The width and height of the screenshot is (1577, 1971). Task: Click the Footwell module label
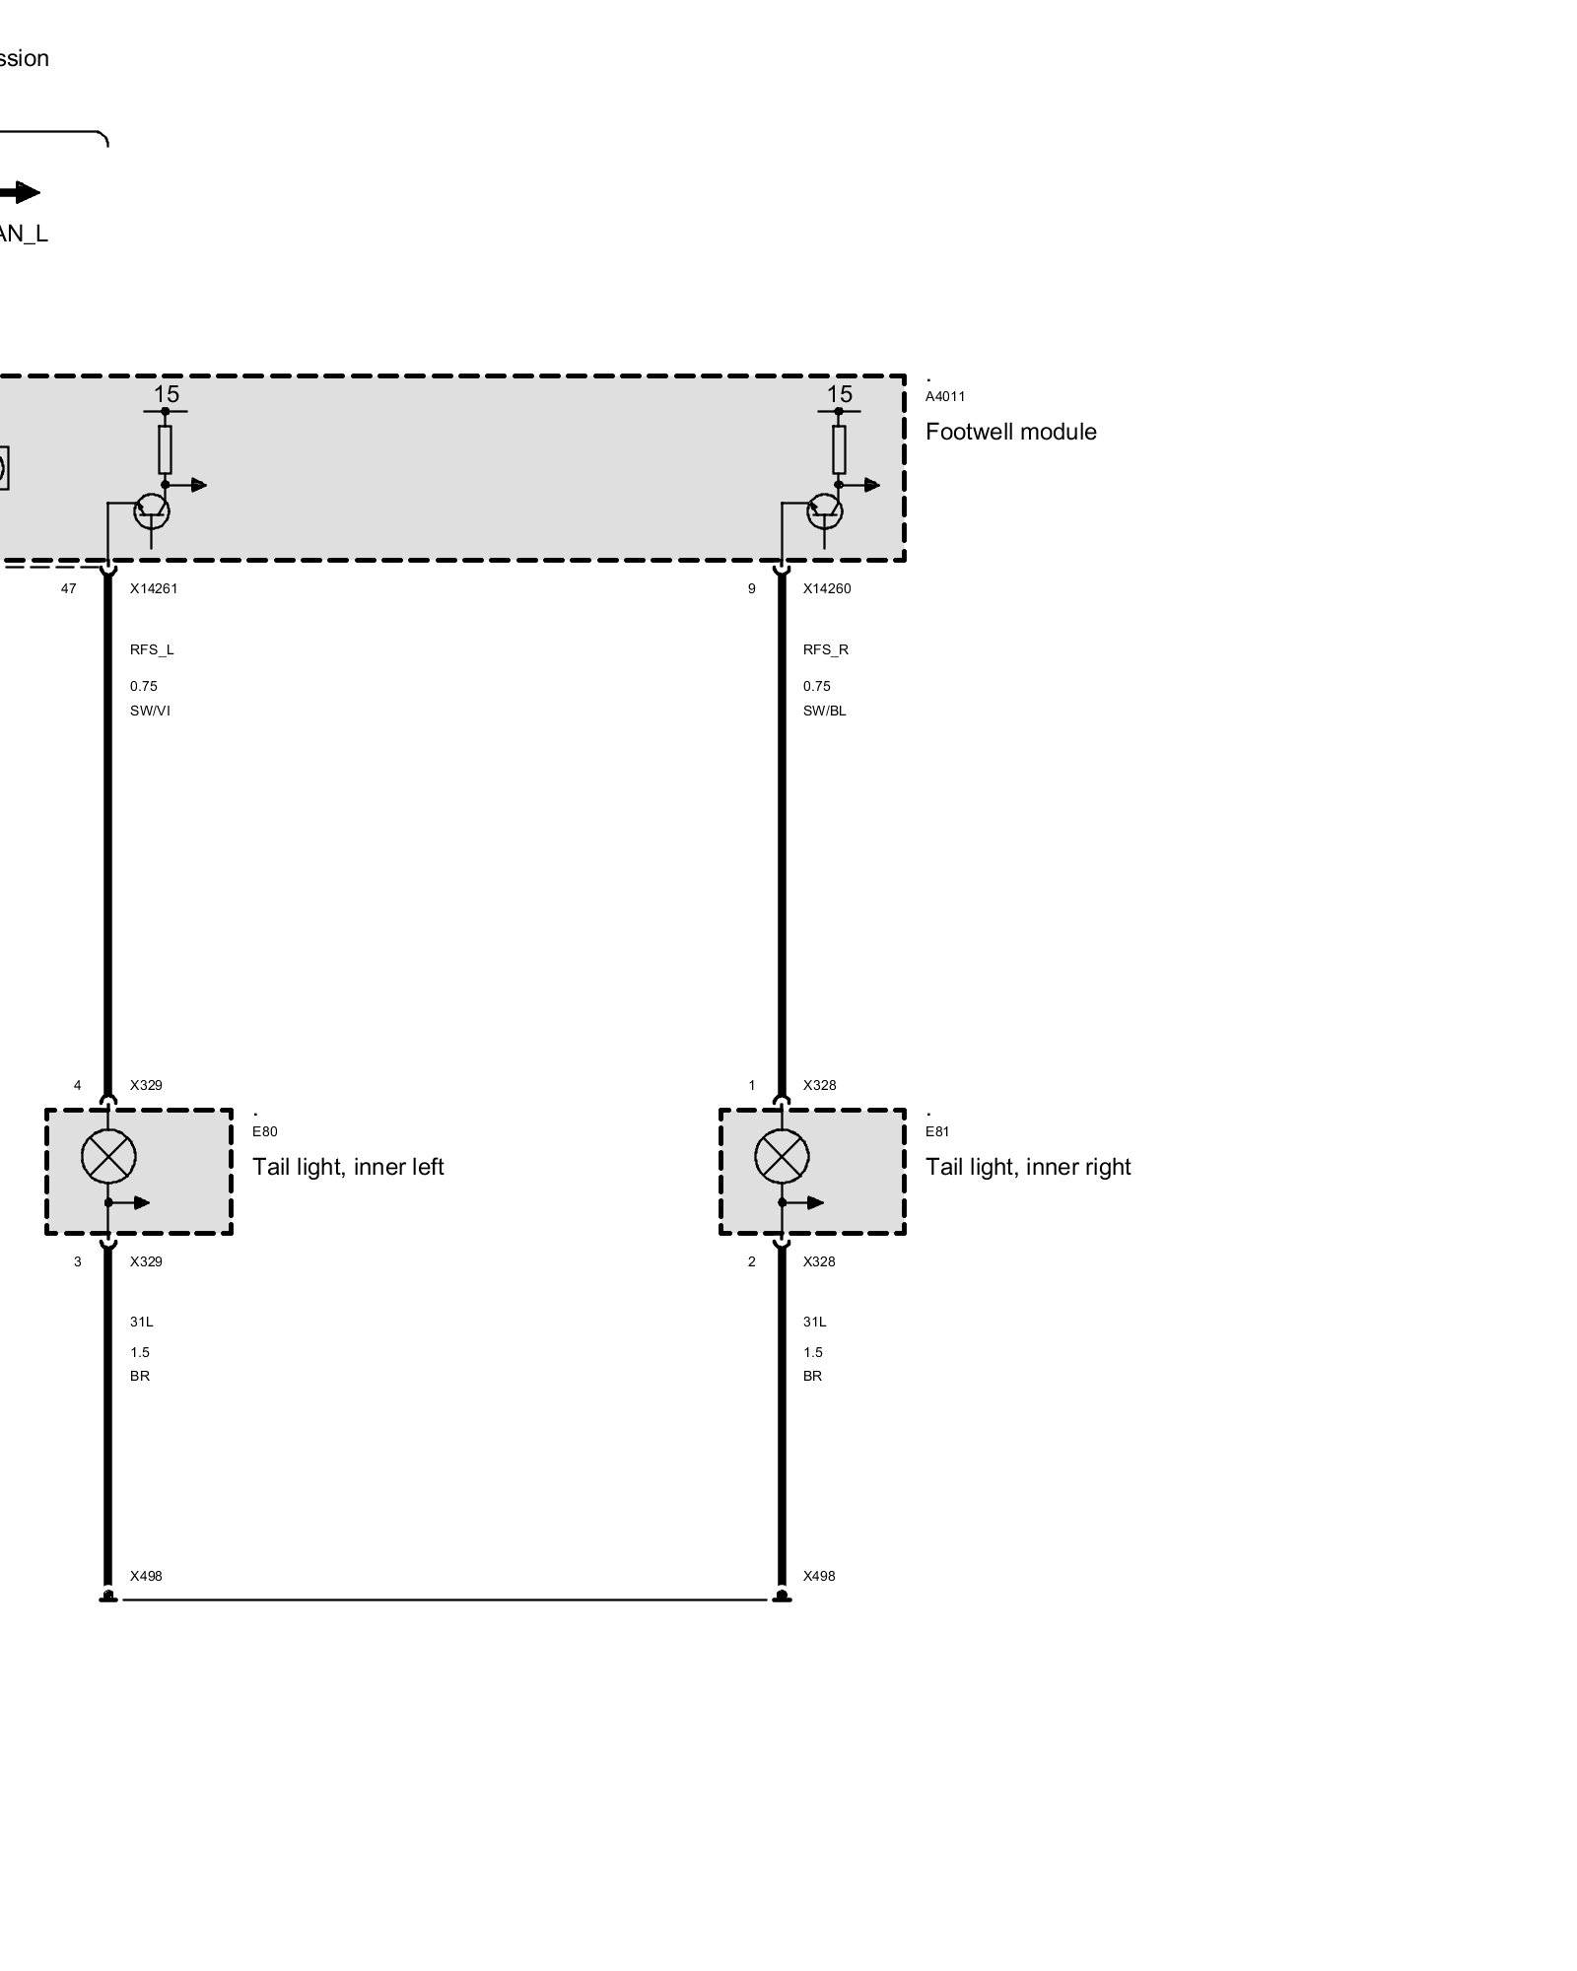[x=1010, y=432]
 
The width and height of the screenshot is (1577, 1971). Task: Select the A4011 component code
[x=944, y=396]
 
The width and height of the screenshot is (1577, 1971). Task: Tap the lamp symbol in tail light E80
[x=108, y=1156]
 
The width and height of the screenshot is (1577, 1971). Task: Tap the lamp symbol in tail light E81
[x=782, y=1156]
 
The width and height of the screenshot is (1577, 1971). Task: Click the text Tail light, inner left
[x=348, y=1167]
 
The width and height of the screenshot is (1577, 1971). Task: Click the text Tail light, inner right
[x=1027, y=1167]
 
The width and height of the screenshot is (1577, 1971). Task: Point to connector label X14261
[x=154, y=588]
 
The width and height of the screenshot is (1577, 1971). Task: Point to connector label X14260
[x=826, y=588]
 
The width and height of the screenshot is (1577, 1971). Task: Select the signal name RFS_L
[x=152, y=649]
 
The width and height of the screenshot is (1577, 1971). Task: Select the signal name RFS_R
[x=825, y=649]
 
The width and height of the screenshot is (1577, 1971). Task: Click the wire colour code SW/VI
[x=150, y=711]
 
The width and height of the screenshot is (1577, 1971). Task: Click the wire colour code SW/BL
[x=824, y=711]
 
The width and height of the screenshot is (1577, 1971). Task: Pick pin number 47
[x=68, y=588]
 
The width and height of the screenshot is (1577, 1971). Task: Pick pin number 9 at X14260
[x=751, y=588]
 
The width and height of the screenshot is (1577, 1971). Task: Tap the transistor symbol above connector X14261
[x=151, y=510]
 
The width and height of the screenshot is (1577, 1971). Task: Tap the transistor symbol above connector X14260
[x=825, y=510]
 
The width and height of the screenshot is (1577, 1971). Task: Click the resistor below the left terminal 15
[x=165, y=449]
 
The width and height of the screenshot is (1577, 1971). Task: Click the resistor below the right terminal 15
[x=839, y=449]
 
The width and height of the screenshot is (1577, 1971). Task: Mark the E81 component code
[x=936, y=1131]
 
